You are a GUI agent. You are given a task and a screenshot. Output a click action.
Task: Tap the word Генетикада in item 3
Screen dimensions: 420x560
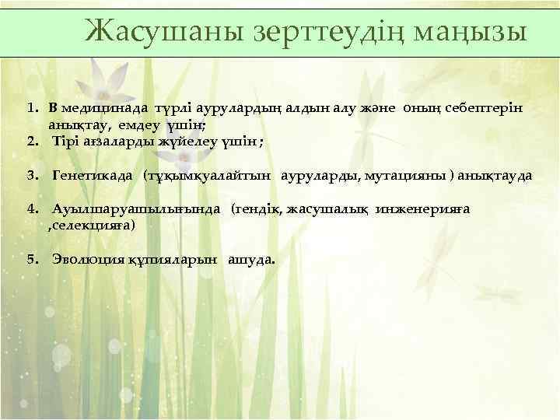(93, 175)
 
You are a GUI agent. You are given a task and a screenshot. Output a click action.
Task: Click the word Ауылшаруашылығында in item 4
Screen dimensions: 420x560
(136, 209)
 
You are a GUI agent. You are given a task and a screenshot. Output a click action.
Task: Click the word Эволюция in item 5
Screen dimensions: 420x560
(82, 258)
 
